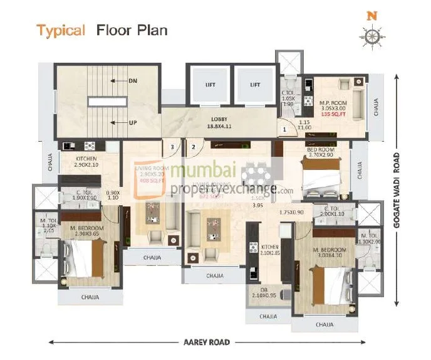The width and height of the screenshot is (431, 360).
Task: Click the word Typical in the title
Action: pyautogui.click(x=60, y=30)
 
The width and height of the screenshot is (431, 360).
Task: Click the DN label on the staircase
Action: pyautogui.click(x=132, y=80)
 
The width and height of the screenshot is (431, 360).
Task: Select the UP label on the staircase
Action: pyautogui.click(x=132, y=122)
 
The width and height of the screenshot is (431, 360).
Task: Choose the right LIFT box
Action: pyautogui.click(x=254, y=85)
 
